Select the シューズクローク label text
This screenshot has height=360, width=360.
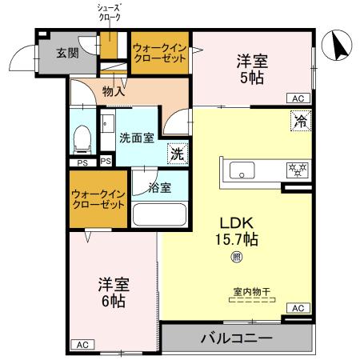point(106,14)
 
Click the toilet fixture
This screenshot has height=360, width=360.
point(82,141)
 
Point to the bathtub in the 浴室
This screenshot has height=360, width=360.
point(158,215)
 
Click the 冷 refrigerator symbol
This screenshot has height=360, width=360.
point(298,122)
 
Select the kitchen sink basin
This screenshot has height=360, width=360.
point(241,169)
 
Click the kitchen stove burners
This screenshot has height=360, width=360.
point(296,170)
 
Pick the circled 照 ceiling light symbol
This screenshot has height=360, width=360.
point(236,257)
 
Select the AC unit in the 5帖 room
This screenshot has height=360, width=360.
point(298,98)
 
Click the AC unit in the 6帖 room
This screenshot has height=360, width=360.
point(81,345)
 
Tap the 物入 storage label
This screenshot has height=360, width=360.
point(114,92)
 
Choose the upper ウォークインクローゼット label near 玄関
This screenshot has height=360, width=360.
point(159,54)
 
